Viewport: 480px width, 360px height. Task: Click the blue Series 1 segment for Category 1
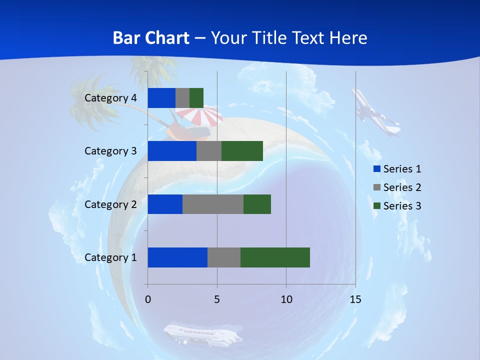pos(177,257)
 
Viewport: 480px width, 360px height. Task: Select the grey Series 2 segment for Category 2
pos(213,204)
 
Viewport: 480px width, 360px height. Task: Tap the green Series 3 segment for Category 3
pos(242,151)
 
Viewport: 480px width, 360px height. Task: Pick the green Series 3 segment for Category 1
pos(275,257)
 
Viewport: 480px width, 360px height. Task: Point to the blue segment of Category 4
pos(161,98)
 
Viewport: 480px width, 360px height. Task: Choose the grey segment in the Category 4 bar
pos(182,98)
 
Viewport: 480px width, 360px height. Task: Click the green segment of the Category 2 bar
pos(257,204)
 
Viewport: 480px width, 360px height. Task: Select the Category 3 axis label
pos(110,151)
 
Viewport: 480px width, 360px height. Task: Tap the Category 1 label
pos(110,257)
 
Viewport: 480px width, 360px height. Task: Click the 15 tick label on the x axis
pos(355,299)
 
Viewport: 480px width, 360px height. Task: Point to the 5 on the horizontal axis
pos(217,299)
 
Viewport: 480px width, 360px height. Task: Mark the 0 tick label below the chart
pos(148,299)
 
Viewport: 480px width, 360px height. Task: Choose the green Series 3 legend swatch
pos(377,206)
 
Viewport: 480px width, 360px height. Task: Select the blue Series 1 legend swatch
pos(377,169)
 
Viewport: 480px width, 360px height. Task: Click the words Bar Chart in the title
pos(151,38)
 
